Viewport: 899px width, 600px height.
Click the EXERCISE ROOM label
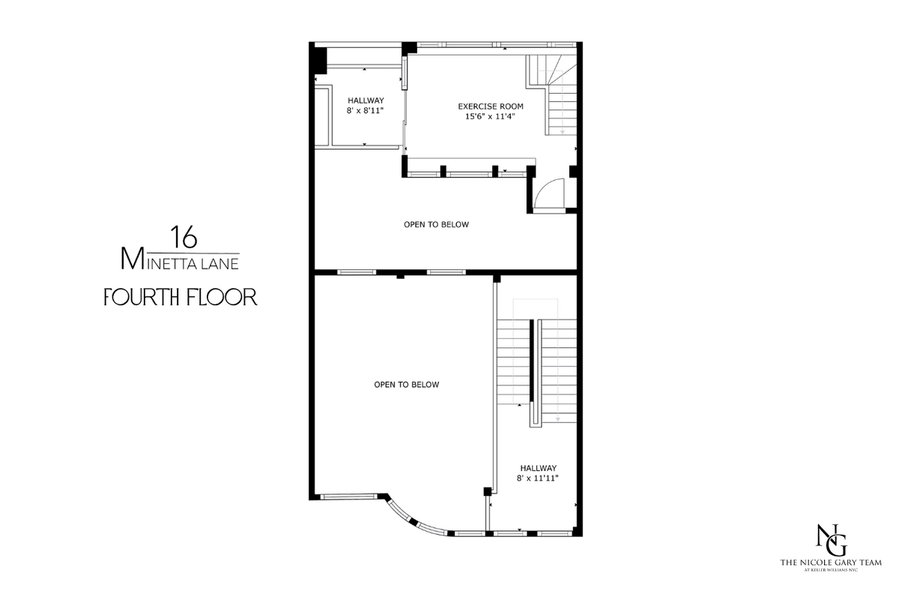click(491, 106)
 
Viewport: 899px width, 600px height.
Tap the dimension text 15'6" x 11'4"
click(490, 116)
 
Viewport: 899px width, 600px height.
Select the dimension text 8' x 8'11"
click(366, 110)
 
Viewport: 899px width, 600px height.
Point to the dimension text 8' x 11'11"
click(538, 478)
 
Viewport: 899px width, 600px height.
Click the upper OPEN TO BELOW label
click(436, 225)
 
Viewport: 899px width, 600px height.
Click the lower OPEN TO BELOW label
click(407, 385)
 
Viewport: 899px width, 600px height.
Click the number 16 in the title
click(184, 237)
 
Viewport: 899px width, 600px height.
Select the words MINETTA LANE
click(180, 259)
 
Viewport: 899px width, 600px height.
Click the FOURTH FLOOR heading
click(181, 297)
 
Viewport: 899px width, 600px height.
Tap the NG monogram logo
click(832, 540)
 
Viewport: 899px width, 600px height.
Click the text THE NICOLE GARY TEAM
click(831, 562)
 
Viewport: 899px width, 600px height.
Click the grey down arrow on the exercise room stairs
click(563, 131)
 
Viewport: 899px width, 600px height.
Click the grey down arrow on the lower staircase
click(557, 418)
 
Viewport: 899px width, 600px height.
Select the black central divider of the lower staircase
click(532, 361)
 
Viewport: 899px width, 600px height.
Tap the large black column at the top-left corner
click(321, 60)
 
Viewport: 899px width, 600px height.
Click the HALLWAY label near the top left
click(366, 100)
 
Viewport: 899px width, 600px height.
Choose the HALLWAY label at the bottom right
click(538, 468)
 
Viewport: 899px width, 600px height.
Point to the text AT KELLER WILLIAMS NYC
click(831, 570)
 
